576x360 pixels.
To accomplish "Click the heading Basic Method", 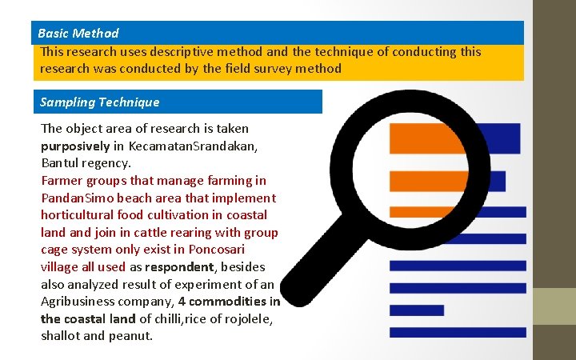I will coord(78,34).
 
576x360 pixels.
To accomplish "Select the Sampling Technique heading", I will coord(99,102).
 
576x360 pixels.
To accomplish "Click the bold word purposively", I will coord(75,146).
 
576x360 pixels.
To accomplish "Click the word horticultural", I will coord(79,215).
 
